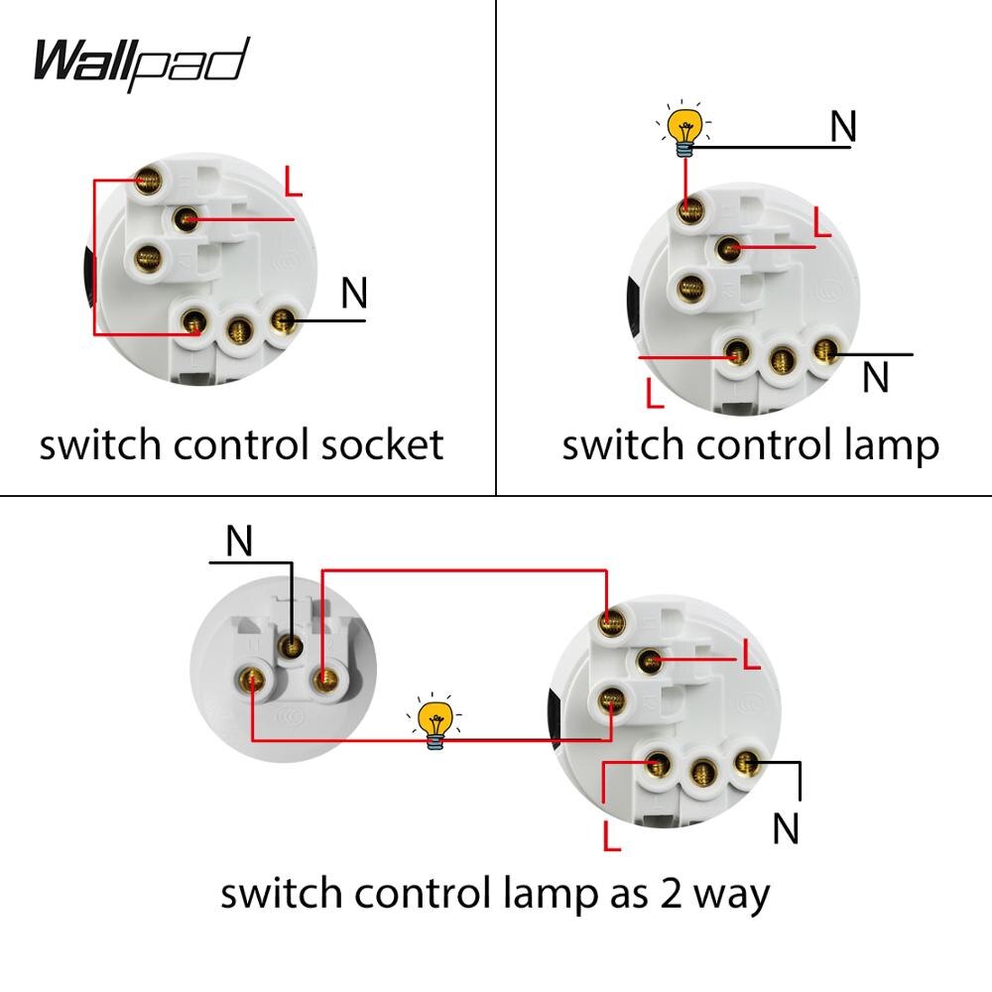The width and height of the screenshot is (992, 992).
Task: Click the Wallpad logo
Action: click(x=140, y=62)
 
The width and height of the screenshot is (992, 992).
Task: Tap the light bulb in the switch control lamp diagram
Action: click(x=683, y=130)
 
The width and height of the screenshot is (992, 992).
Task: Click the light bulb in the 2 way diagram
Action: click(x=434, y=723)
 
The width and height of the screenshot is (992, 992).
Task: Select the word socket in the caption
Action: click(x=382, y=444)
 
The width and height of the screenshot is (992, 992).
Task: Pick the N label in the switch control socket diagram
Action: click(x=353, y=293)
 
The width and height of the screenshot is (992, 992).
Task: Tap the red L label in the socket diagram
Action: click(x=293, y=182)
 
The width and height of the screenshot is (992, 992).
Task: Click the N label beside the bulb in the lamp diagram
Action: click(x=842, y=126)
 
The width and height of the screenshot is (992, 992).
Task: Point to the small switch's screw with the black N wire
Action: click(x=292, y=646)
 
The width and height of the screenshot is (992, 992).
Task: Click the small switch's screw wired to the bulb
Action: click(x=254, y=682)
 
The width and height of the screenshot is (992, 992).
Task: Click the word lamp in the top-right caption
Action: click(x=888, y=446)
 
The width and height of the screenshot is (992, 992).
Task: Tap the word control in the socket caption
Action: click(x=243, y=444)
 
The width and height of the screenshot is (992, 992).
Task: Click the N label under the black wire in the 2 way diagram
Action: click(x=785, y=828)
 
